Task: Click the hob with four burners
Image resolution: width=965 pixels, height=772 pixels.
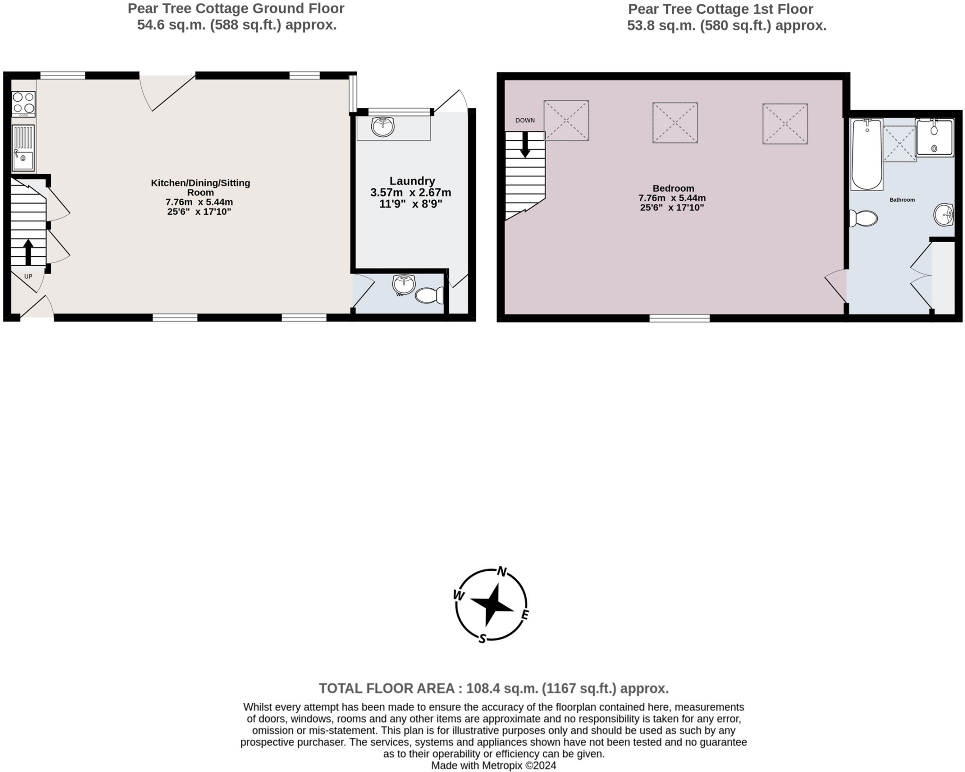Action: pyautogui.click(x=23, y=104)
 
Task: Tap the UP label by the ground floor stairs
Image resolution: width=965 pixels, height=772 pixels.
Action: pyautogui.click(x=28, y=276)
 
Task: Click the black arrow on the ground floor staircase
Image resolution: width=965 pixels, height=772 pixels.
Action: pyautogui.click(x=28, y=252)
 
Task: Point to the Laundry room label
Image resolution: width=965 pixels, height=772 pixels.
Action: pyautogui.click(x=412, y=181)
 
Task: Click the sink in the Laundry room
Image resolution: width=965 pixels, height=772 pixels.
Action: pyautogui.click(x=383, y=126)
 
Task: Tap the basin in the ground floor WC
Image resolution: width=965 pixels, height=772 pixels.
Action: pyautogui.click(x=403, y=284)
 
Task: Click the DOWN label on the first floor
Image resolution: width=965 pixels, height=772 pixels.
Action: pyautogui.click(x=525, y=121)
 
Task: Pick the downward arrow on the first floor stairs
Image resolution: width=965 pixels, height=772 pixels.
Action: pyautogui.click(x=525, y=145)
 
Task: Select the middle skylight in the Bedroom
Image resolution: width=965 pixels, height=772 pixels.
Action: pyautogui.click(x=675, y=122)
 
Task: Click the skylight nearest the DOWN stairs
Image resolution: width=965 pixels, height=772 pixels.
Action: pyautogui.click(x=566, y=121)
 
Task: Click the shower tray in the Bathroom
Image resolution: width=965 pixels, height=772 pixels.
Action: pyautogui.click(x=934, y=137)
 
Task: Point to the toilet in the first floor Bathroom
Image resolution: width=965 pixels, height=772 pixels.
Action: pyautogui.click(x=864, y=219)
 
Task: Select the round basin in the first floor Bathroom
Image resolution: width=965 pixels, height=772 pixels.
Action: pyautogui.click(x=943, y=215)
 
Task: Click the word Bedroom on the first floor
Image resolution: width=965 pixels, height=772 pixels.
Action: pyautogui.click(x=673, y=188)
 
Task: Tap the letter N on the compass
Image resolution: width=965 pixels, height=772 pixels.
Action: pyautogui.click(x=502, y=572)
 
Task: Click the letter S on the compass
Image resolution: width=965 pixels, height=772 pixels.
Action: pyautogui.click(x=482, y=639)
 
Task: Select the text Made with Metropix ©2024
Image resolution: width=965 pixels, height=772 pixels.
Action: pyautogui.click(x=493, y=765)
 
